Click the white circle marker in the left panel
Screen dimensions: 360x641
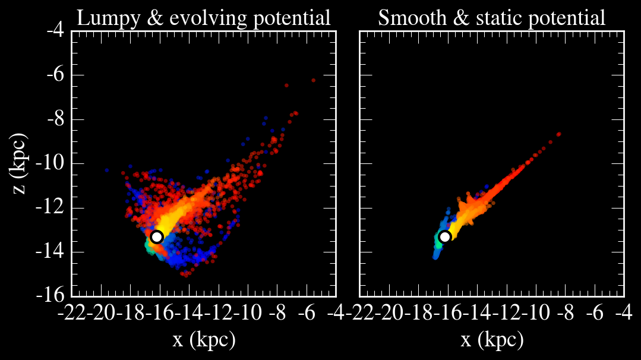click(157, 236)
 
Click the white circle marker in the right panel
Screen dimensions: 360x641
click(444, 236)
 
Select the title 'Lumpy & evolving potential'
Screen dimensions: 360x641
click(204, 18)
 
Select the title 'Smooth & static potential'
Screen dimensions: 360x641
click(492, 18)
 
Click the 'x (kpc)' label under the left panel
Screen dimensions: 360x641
click(204, 340)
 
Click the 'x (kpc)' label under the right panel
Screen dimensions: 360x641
click(492, 340)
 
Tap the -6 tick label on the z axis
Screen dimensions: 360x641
click(56, 75)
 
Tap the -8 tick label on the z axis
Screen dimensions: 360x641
click(56, 119)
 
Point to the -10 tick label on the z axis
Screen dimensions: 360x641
click(52, 163)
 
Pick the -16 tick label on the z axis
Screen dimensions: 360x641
click(52, 295)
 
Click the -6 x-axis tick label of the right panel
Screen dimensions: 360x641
click(594, 313)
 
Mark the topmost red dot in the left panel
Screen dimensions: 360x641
click(313, 80)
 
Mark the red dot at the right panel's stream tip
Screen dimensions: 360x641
click(558, 134)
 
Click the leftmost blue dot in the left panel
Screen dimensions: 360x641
click(107, 170)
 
